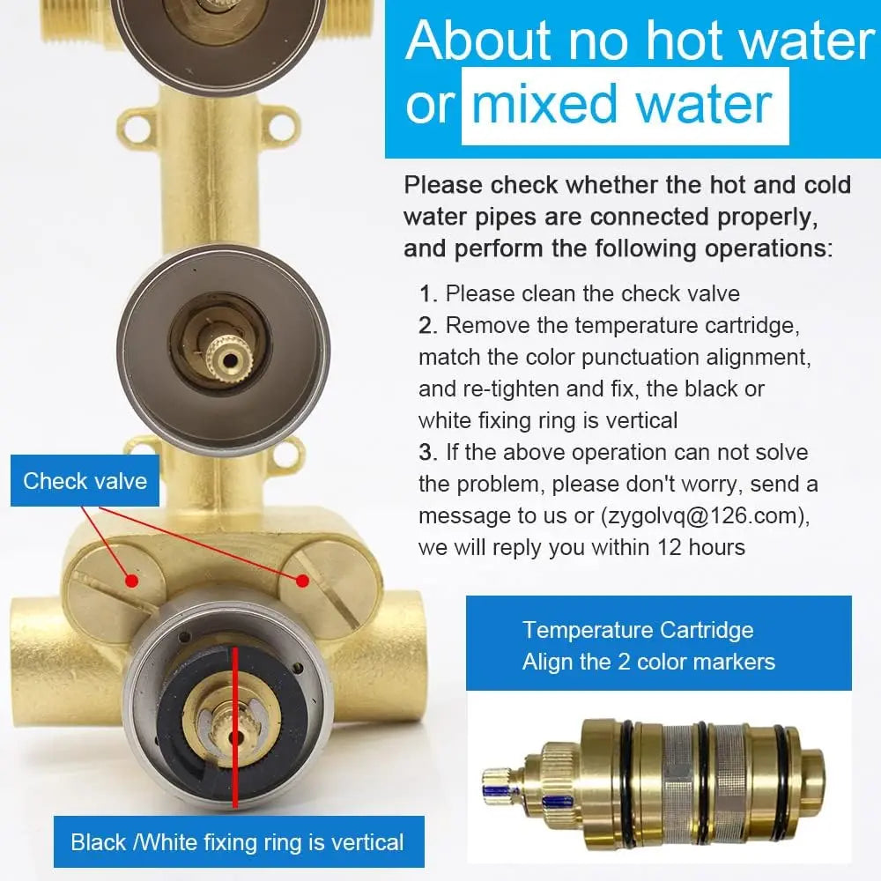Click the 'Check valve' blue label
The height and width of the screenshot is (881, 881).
pyautogui.click(x=85, y=481)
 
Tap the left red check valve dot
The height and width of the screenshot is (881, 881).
pyautogui.click(x=131, y=580)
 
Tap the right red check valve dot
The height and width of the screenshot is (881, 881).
pyautogui.click(x=302, y=581)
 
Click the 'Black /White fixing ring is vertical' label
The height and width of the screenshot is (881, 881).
pyautogui.click(x=239, y=841)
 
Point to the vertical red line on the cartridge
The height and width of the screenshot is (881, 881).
pyautogui.click(x=235, y=727)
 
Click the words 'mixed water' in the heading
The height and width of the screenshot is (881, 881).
pyautogui.click(x=621, y=104)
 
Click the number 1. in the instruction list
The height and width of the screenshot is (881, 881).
pyautogui.click(x=428, y=294)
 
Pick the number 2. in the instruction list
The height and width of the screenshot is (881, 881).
pyautogui.click(x=428, y=326)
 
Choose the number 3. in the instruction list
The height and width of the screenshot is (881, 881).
pyautogui.click(x=428, y=452)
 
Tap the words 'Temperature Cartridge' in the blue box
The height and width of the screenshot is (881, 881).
pyautogui.click(x=638, y=630)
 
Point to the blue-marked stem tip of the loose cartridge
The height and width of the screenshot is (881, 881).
pyautogui.click(x=502, y=782)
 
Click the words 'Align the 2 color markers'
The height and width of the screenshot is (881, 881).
pyautogui.click(x=648, y=662)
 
